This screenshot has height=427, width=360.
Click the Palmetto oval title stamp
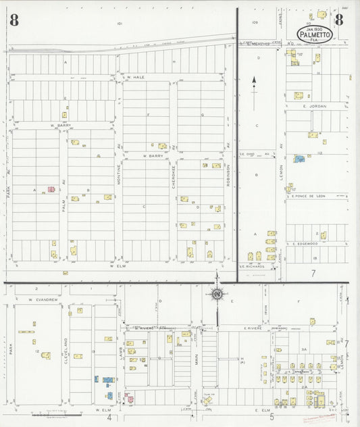pyautogui.click(x=316, y=34)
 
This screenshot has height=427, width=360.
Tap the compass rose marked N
pyautogui.click(x=217, y=294)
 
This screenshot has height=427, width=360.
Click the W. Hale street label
pyautogui.click(x=134, y=77)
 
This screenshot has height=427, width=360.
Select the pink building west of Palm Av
pyautogui.click(x=50, y=191)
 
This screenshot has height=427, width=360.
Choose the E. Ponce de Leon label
pyautogui.click(x=309, y=196)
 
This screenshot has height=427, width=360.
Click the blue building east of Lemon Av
pyautogui.click(x=299, y=159)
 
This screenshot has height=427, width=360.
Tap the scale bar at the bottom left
pyautogui.click(x=54, y=407)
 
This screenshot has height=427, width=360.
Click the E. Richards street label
pyautogui.click(x=251, y=266)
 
